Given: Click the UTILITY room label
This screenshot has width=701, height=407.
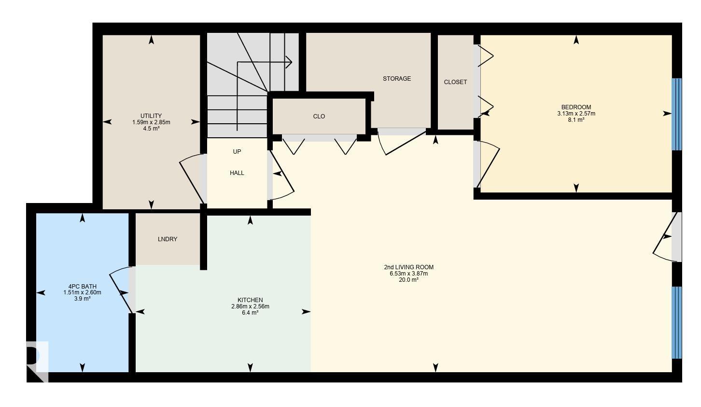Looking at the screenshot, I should point(151,116).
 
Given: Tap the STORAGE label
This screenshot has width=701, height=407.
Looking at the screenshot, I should point(397,79).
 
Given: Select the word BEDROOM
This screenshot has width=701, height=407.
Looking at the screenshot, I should point(576,107).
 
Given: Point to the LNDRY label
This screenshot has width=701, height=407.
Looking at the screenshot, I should point(168,239).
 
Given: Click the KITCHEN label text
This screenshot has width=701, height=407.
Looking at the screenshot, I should point(250,300).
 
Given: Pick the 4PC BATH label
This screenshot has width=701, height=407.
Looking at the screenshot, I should point(82,286).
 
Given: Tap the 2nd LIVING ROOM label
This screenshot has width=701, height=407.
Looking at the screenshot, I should point(408,267).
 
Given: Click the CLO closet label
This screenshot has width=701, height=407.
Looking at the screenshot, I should point(319,116).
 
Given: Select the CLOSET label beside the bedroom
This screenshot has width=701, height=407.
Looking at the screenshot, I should point(455,82).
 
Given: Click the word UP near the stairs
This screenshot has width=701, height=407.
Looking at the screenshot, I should point(237,152).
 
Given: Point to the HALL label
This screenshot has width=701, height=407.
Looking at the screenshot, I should point(237,173).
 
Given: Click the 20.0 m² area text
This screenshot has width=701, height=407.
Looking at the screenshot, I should point(408,280).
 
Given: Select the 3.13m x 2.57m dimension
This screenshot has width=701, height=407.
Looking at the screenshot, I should point(576,114).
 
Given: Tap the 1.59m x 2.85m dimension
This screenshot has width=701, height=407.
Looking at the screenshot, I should point(151,122).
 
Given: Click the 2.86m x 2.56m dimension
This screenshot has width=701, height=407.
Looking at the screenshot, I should point(250,306).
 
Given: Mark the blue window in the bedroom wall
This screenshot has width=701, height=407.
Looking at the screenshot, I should point(676,115).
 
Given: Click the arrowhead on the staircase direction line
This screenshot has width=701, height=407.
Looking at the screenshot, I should point(289,62).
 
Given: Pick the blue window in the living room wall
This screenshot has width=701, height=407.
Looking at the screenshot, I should point(676,322).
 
